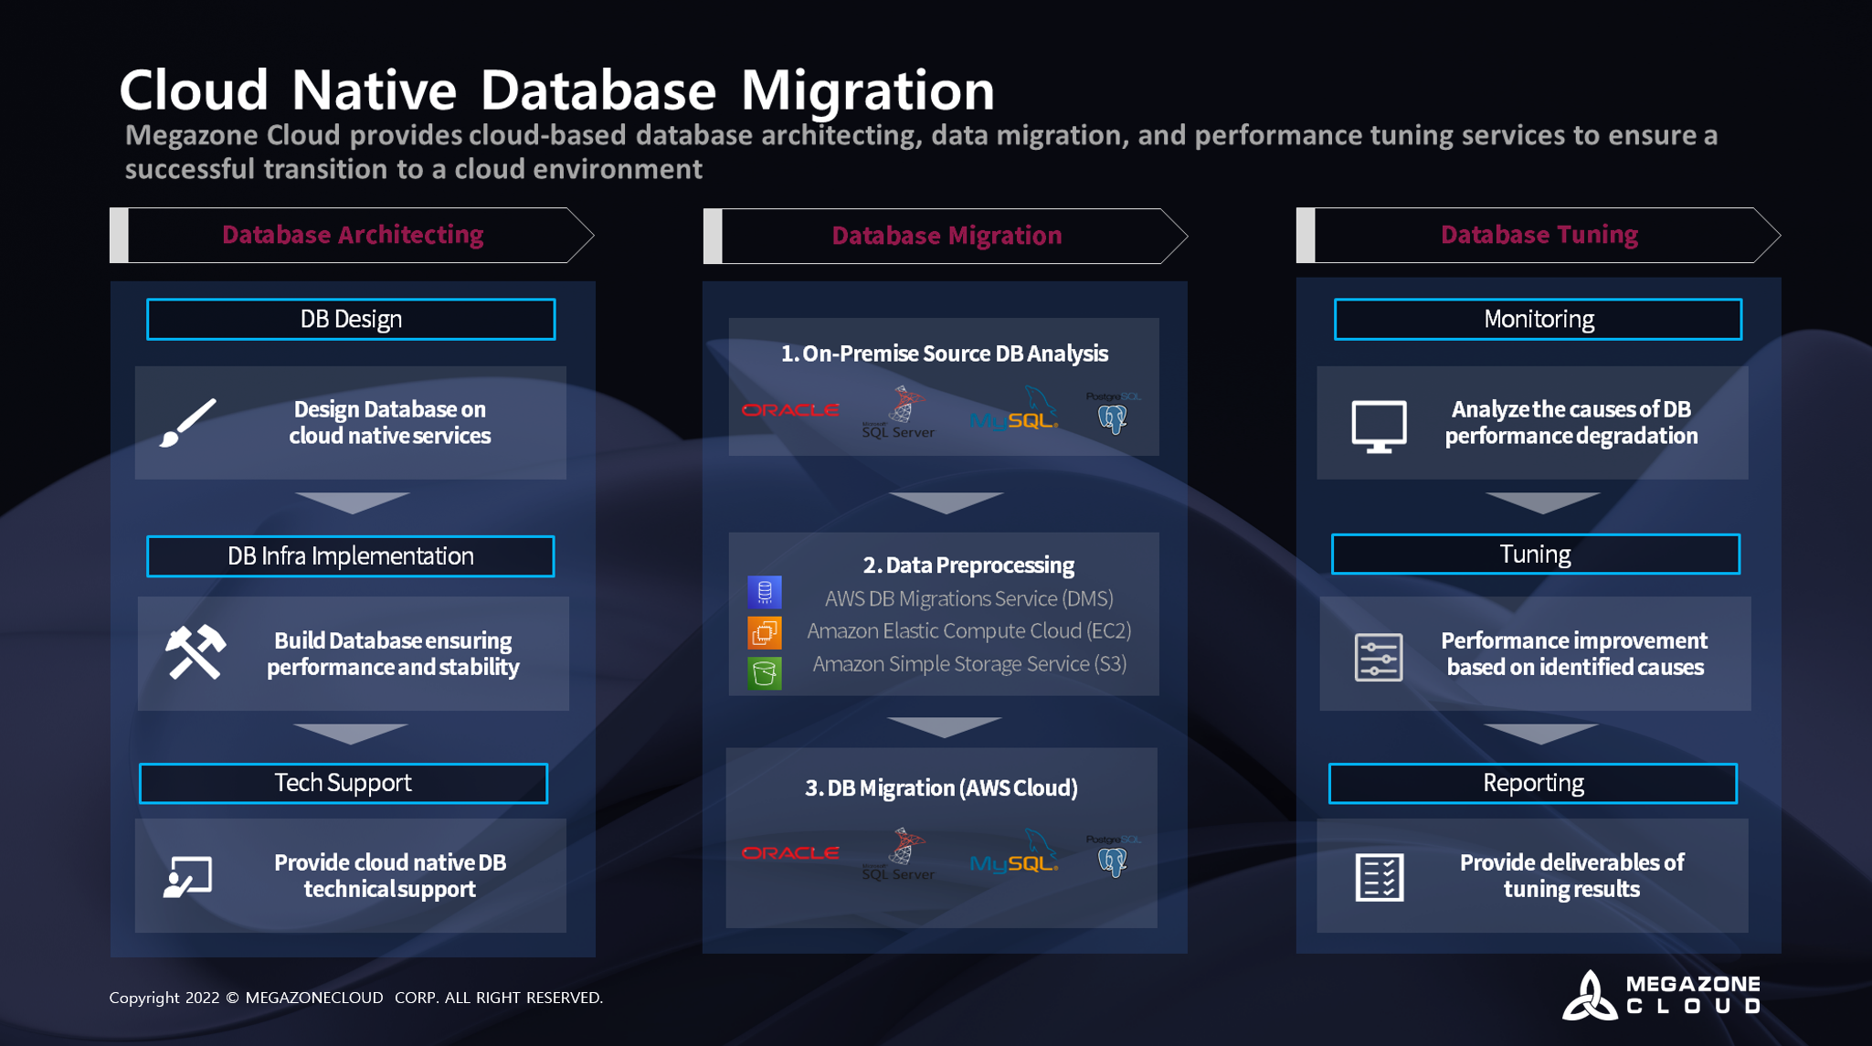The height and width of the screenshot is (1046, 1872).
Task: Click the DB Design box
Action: (x=351, y=320)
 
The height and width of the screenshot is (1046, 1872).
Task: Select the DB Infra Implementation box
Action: (x=351, y=556)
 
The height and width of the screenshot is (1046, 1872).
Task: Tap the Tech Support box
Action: (x=344, y=784)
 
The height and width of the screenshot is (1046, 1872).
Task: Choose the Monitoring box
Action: (x=1538, y=320)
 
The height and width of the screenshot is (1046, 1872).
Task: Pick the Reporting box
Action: (x=1533, y=784)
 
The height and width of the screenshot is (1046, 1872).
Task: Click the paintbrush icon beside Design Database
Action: (x=188, y=423)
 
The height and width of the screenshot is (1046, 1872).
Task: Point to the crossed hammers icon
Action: (x=195, y=652)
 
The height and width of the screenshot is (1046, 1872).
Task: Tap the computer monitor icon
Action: (x=1379, y=426)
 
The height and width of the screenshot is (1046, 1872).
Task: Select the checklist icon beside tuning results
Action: (x=1379, y=877)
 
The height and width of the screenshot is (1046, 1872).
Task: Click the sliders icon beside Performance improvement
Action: (x=1379, y=657)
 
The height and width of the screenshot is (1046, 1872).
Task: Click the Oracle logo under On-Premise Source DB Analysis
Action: (x=790, y=410)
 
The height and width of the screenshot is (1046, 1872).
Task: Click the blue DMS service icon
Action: (x=765, y=592)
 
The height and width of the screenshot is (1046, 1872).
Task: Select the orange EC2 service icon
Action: (x=765, y=632)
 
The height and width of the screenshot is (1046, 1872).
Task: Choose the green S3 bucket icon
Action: (x=765, y=673)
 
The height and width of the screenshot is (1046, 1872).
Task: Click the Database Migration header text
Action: (x=947, y=236)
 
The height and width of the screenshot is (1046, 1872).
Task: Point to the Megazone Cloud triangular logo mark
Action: (x=1590, y=996)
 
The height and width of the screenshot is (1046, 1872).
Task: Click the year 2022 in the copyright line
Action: (x=202, y=998)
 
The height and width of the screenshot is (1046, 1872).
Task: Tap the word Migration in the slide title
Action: (x=867, y=90)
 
